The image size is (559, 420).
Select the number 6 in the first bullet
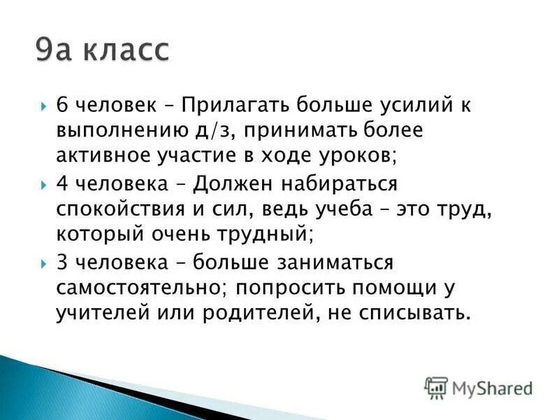tap(62, 106)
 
